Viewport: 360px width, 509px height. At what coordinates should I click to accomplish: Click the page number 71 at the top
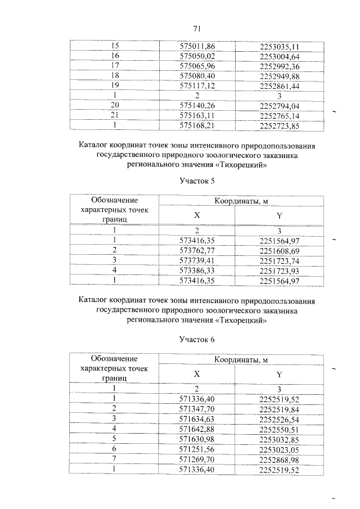pyautogui.click(x=197, y=29)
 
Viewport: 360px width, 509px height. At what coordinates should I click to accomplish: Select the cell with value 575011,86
pyautogui.click(x=197, y=46)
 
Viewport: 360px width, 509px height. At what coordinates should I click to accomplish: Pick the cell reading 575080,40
pyautogui.click(x=197, y=76)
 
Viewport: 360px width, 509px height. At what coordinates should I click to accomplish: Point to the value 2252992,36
pyautogui.click(x=280, y=66)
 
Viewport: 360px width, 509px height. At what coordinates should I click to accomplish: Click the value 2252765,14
pyautogui.click(x=280, y=115)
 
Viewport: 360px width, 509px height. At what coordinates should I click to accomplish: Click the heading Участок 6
pyautogui.click(x=197, y=339)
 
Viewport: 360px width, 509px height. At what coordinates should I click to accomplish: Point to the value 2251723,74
pyautogui.click(x=280, y=260)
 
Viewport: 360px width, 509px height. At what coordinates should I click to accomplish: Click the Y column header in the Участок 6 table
pyautogui.click(x=280, y=374)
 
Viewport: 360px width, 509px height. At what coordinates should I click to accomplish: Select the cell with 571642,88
pyautogui.click(x=197, y=429)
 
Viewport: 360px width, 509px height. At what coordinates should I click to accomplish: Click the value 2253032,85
pyautogui.click(x=280, y=439)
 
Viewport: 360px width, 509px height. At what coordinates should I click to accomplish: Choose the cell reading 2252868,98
pyautogui.click(x=280, y=459)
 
